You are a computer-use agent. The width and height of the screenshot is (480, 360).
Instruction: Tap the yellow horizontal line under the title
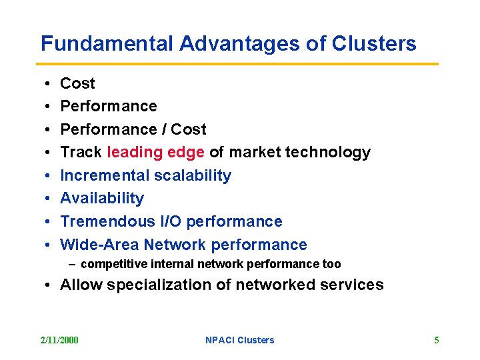coord(239,64)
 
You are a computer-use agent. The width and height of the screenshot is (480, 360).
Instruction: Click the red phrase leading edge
coord(155,152)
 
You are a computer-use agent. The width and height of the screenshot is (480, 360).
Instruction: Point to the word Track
coord(81,152)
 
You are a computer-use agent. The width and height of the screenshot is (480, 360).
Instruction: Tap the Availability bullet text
coord(102,198)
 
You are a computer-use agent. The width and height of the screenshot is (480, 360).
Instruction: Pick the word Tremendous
coord(107,221)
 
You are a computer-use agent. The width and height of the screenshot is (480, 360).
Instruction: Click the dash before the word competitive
coord(72,264)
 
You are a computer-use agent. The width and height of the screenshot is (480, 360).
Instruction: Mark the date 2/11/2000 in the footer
coord(59,340)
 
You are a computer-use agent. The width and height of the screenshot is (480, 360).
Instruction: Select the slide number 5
coord(437,340)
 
